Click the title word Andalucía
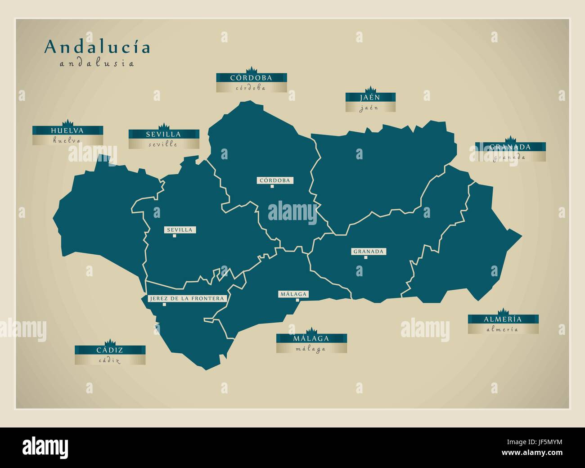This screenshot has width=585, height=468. (97, 47)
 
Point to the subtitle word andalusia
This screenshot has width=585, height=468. (97, 63)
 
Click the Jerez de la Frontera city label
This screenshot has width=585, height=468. (186, 298)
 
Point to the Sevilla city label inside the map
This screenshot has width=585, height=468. (179, 230)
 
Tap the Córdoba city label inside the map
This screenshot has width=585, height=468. (274, 180)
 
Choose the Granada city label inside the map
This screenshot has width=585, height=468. (368, 252)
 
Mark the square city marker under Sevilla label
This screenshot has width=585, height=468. (174, 236)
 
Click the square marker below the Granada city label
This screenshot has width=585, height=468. (366, 257)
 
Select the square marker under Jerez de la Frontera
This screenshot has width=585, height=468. (164, 305)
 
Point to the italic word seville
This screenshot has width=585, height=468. (163, 144)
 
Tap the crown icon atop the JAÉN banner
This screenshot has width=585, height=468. (370, 89)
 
